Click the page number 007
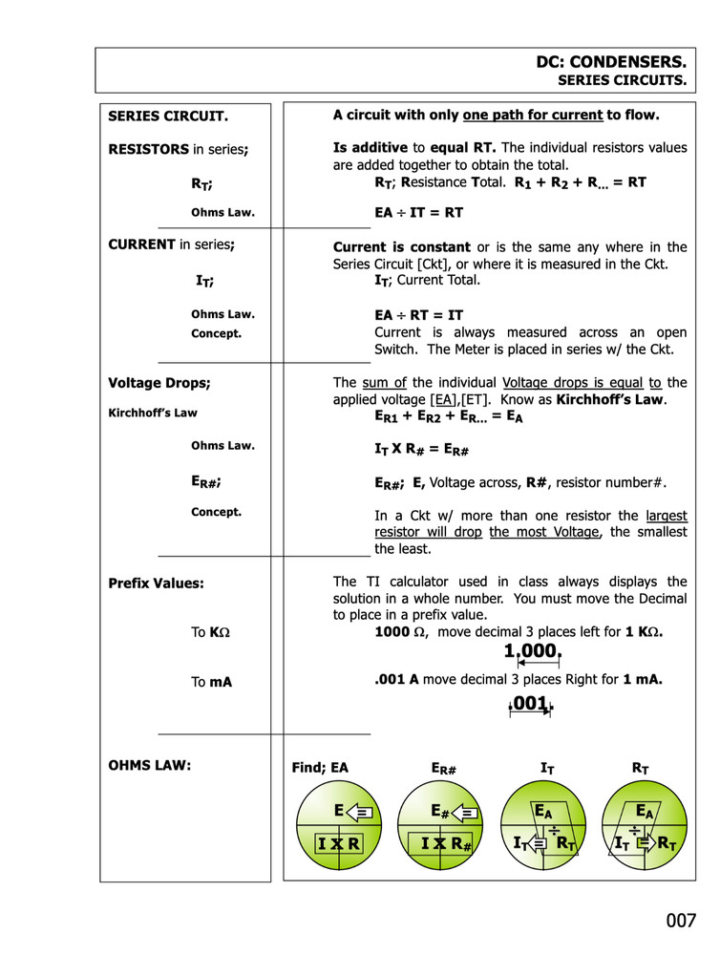(681, 921)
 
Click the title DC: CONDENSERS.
(610, 62)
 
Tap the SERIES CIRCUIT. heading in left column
(168, 117)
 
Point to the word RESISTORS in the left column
(149, 149)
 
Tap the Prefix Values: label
(156, 583)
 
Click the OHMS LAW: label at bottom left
(150, 765)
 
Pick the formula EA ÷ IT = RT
(418, 213)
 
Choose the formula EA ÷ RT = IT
(418, 314)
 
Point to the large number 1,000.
(532, 651)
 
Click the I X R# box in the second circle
(440, 843)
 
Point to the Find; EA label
(320, 767)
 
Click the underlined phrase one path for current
(533, 116)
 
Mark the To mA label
(211, 682)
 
